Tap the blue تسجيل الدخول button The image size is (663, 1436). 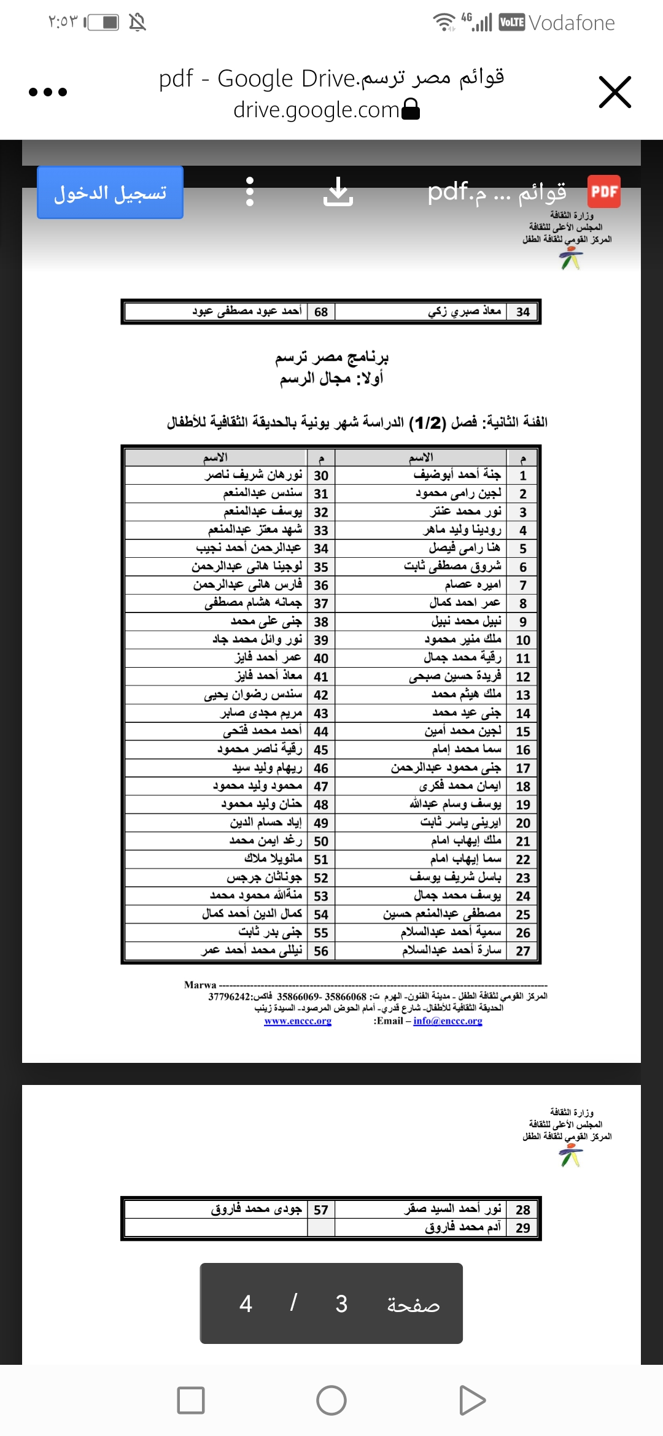110,193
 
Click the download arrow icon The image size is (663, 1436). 338,192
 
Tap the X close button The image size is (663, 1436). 615,93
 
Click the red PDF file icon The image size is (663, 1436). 603,191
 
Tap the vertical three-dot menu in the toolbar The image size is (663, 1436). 249,192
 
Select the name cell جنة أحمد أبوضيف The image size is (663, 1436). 457,475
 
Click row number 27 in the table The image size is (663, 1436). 522,951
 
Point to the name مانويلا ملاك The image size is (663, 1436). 273,859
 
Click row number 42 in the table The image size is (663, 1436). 320,695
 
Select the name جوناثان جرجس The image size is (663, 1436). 264,878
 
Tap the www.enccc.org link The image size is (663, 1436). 298,1021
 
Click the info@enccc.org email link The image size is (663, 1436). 448,1021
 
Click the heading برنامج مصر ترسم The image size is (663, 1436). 331,357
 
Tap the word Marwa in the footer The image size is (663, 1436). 200,985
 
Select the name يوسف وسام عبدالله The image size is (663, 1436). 455,805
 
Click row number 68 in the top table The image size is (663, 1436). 320,312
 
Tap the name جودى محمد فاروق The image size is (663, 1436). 256,1210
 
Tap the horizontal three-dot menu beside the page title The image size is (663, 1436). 48,93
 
